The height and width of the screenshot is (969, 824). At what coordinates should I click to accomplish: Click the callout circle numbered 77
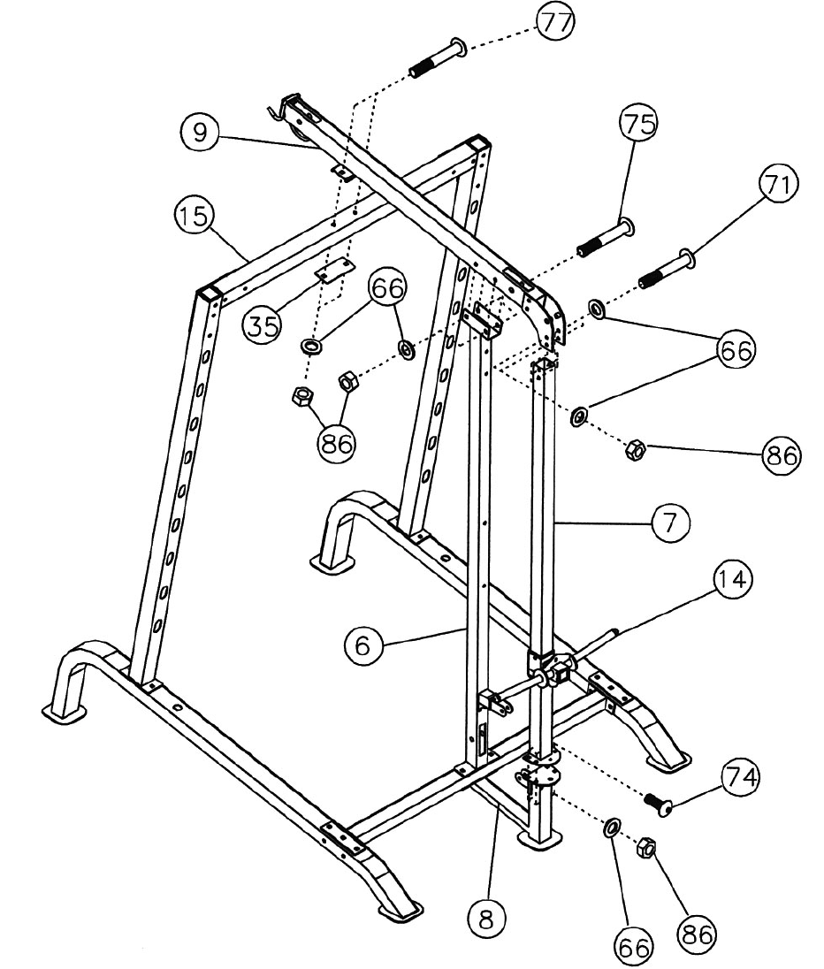(x=554, y=21)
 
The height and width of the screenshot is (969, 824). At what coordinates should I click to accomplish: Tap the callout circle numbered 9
(x=200, y=133)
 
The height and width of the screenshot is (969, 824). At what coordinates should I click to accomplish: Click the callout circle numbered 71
(x=778, y=187)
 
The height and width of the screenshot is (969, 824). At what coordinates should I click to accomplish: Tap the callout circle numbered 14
(x=735, y=582)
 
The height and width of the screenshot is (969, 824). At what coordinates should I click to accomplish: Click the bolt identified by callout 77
(x=438, y=58)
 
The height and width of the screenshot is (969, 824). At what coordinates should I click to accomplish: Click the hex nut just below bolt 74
(x=645, y=849)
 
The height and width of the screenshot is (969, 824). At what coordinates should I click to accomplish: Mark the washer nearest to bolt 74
(x=608, y=829)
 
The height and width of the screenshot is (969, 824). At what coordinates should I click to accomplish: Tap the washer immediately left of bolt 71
(x=597, y=309)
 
